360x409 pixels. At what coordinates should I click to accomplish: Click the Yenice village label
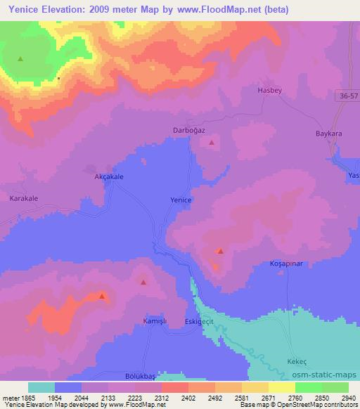[181, 200]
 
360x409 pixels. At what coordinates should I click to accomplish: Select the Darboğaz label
[188, 131]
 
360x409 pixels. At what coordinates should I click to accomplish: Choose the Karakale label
[24, 199]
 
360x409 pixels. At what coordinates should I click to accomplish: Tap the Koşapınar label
[285, 263]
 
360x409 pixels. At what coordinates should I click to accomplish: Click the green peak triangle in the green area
[20, 59]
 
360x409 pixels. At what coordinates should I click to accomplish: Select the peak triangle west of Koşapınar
[221, 251]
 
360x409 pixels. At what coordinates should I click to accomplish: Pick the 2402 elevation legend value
[188, 397]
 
